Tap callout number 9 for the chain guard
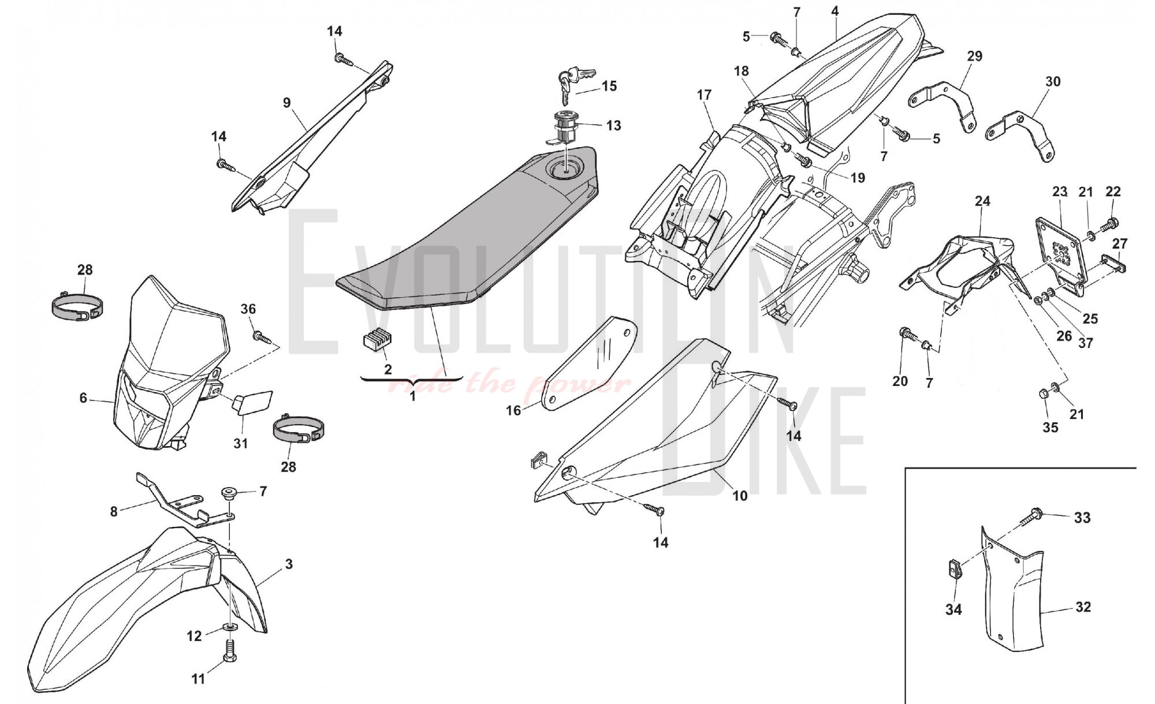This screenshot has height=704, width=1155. (x=287, y=103)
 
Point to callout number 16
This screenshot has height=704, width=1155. (x=513, y=410)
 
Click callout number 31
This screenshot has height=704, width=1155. (x=240, y=443)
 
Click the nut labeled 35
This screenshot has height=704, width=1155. (x=1044, y=394)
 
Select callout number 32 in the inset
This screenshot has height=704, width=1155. (x=1083, y=606)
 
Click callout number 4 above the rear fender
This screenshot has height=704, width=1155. (x=834, y=11)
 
